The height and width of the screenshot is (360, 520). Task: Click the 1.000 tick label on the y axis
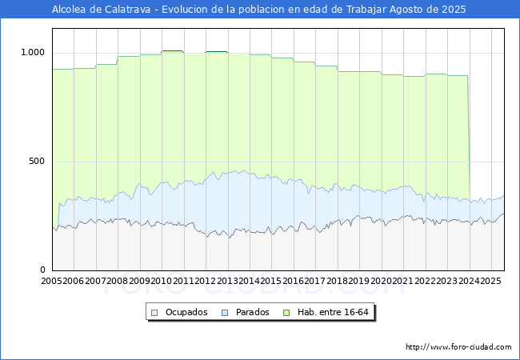[x=34, y=53]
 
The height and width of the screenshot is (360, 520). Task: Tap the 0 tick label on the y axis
[x=44, y=270]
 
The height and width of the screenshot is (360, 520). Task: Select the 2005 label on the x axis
[x=52, y=281]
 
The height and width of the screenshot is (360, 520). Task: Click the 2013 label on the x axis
[x=227, y=281]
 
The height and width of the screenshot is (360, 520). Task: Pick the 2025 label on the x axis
[x=489, y=281]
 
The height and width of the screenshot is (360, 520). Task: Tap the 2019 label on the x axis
[x=358, y=281]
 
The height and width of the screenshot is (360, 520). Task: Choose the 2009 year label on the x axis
[x=139, y=281]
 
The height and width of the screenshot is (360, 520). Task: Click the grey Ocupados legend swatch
[x=155, y=312]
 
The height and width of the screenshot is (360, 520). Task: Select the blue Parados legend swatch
[x=226, y=312]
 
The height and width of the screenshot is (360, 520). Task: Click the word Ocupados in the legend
[x=186, y=312]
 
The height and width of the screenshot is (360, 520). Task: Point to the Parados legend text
[x=253, y=312]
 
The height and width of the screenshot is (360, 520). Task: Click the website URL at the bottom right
[x=458, y=347]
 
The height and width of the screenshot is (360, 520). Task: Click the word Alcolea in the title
[x=70, y=10]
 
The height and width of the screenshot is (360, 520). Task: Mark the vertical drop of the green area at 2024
[x=469, y=136]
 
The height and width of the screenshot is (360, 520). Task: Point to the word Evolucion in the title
[x=186, y=10]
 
